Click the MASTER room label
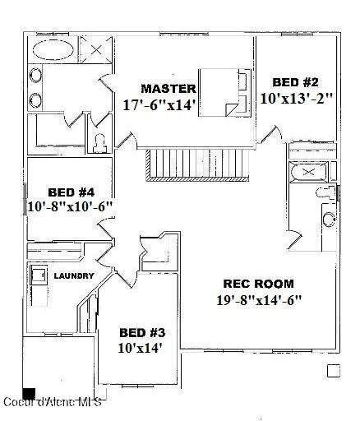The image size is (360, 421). tap(168, 89)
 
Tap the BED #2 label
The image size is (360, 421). tap(295, 82)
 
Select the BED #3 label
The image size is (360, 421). tap(142, 333)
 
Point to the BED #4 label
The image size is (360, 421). tap(72, 192)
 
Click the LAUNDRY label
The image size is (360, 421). tap(74, 275)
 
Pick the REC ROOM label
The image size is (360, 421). tap(259, 284)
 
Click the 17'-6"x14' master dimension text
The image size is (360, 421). tap(159, 104)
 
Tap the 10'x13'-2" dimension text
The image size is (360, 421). tap(297, 98)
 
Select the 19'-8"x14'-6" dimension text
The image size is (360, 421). tap(259, 300)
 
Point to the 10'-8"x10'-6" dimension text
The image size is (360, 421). tap(71, 206)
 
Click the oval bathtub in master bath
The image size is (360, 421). tap(53, 49)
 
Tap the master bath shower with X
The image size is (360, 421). tap(95, 49)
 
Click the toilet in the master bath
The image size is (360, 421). tap(99, 143)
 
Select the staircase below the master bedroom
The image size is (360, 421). tap(197, 165)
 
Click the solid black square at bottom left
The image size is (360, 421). tap(29, 394)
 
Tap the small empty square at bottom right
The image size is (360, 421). tap(334, 371)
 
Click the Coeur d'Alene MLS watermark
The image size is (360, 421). tap(53, 402)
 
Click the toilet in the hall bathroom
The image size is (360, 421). tap(326, 192)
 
